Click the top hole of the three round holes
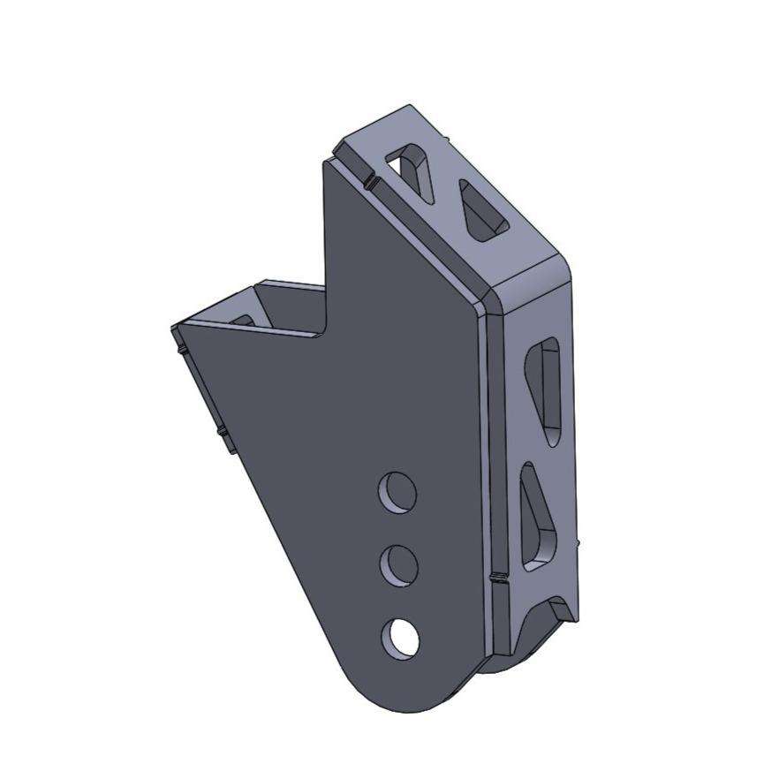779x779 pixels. (x=397, y=491)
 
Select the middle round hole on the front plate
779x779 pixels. (x=399, y=564)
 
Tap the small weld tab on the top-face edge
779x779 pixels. (x=370, y=183)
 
